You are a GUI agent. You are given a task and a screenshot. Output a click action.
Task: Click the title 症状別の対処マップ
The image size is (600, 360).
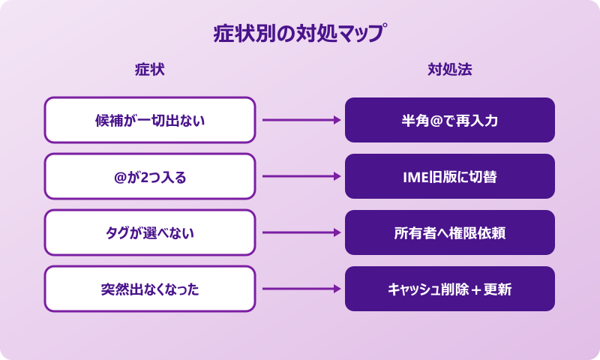pos(300,34)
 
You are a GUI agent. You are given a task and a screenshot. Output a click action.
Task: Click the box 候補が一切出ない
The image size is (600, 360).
pos(150,120)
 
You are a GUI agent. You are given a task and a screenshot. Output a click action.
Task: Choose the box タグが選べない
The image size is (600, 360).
pos(150,232)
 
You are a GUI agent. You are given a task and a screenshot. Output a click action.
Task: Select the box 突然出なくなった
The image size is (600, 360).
pos(150,289)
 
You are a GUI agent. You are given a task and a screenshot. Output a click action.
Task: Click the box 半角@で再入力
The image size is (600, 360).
pos(450,120)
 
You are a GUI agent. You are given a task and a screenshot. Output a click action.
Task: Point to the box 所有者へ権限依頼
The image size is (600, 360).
pos(450,232)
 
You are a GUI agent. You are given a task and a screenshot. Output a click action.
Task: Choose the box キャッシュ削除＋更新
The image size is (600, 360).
pos(450,289)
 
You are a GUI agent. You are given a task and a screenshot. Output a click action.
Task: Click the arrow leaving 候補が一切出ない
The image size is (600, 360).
pos(300,120)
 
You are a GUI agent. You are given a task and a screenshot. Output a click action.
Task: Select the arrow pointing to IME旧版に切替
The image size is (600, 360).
pos(300,176)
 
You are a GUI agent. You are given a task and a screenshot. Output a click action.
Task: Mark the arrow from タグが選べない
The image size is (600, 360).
pos(300,232)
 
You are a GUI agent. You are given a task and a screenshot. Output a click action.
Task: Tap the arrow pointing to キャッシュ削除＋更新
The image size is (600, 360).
pos(300,289)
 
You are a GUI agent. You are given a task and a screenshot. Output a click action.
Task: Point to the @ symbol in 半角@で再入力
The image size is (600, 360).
pos(436,121)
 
